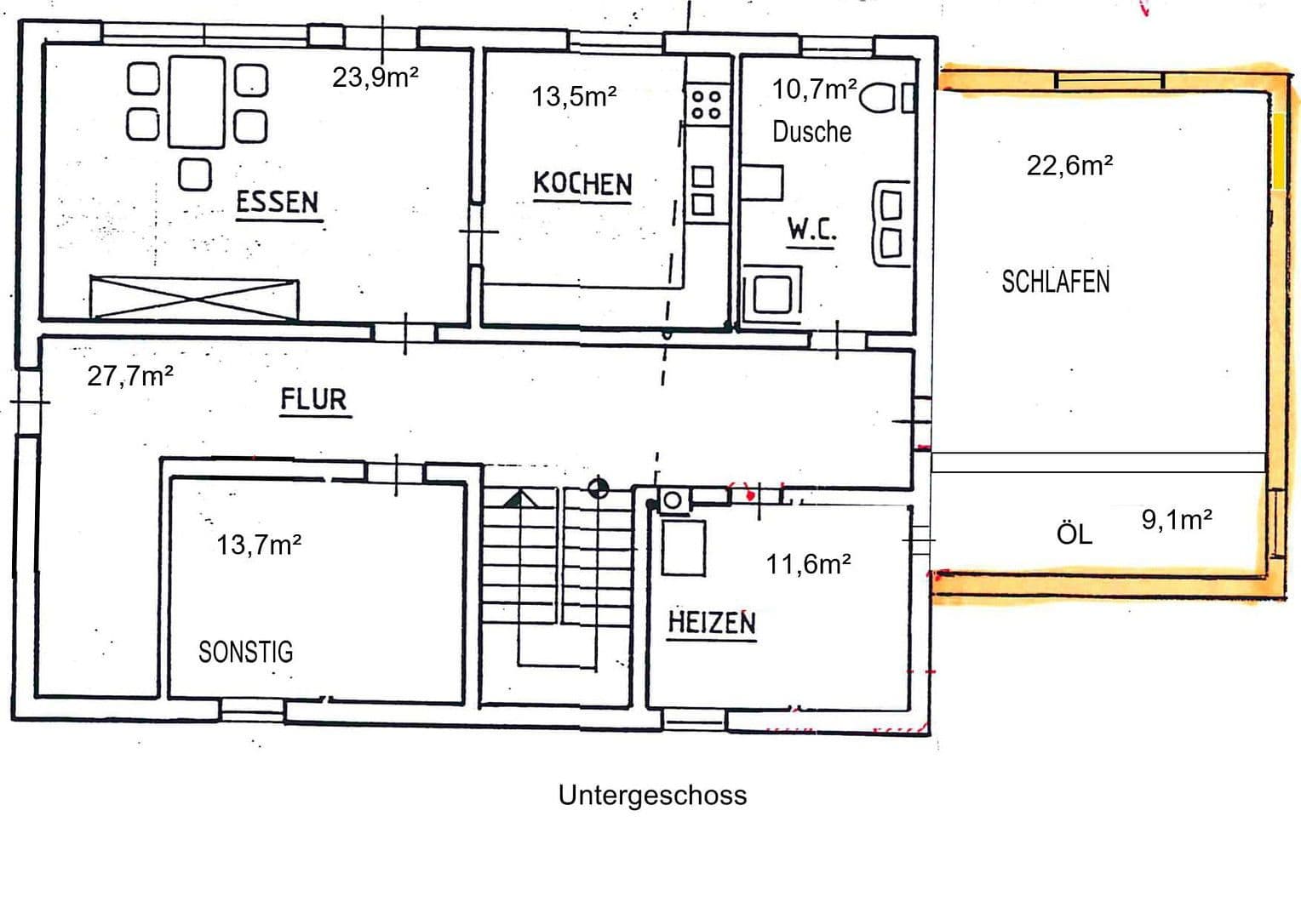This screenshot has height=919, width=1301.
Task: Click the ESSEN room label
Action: point(277,203)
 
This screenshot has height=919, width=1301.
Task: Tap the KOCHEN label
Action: point(582,184)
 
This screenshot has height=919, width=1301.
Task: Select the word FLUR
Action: point(314,399)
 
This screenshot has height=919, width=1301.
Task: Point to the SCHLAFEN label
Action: point(1055,282)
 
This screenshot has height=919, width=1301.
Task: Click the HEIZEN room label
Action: point(712,622)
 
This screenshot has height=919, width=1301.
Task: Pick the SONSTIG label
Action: point(245,652)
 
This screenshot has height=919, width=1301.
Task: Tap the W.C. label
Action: point(811,229)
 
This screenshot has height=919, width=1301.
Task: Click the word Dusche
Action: point(811,132)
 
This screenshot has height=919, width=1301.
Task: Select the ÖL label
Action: point(1074,534)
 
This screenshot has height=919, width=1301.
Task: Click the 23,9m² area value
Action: point(375,77)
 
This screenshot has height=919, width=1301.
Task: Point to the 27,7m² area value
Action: point(130,376)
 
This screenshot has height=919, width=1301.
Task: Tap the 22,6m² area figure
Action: point(1069,165)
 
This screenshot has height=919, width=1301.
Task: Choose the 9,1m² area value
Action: point(1177,519)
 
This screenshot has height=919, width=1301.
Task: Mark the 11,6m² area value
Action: point(808,563)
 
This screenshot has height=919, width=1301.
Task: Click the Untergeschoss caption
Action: point(652,795)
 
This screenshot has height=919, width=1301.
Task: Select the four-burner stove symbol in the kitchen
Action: point(707,105)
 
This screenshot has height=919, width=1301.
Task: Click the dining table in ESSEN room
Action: point(198,102)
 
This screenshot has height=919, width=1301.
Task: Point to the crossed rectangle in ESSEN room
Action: point(195,297)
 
